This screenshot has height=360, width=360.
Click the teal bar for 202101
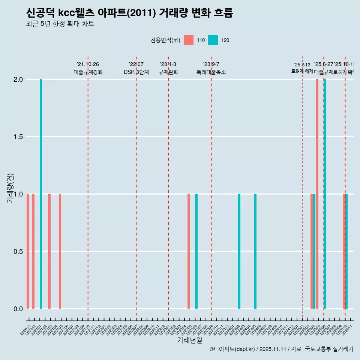coord(41,194)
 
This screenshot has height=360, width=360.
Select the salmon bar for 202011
coord(28,251)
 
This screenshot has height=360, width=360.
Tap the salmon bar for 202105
coord(60,251)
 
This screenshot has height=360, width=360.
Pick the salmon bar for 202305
coord(189,251)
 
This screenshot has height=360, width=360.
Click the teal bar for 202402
coord(239,251)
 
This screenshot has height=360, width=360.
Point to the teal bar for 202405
coord(255,251)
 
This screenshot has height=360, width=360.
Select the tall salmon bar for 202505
coord(317,194)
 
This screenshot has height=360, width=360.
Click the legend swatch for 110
coord(189,40)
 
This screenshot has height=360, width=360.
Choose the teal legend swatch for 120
coord(213,40)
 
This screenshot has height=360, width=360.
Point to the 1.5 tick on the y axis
coord(18,137)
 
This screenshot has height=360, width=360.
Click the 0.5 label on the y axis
coord(18,252)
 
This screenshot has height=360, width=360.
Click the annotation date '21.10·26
coord(88,64)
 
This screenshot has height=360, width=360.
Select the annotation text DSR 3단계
coord(136,72)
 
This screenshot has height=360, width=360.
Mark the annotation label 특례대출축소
coord(211,72)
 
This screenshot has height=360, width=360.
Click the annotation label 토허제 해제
coord(302,71)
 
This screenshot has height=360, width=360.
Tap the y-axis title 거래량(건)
coord(10,187)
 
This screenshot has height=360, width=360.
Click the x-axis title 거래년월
coord(189,340)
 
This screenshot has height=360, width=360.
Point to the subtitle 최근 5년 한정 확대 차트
coord(60,24)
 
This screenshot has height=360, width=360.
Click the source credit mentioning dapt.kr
coord(281,349)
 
